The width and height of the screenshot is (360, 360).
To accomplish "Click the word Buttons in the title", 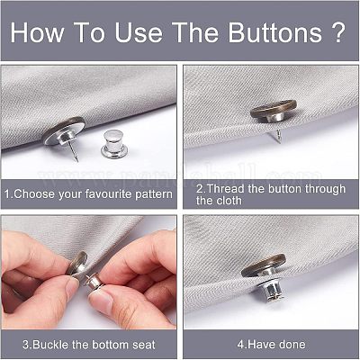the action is click(274, 32).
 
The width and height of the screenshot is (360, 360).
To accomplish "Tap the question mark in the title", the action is click(339, 32).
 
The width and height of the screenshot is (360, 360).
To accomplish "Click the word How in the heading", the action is click(37, 32).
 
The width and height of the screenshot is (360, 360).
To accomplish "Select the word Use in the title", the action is click(139, 32).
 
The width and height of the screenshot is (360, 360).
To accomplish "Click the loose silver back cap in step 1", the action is click(113, 143).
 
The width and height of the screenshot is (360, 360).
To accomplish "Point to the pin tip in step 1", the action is click(77, 160).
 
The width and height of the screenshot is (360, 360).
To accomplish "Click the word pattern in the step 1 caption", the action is click(154, 194).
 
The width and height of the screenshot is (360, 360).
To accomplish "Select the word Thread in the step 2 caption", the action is click(225, 189).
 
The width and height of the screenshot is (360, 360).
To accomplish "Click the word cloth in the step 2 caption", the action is click(229, 201).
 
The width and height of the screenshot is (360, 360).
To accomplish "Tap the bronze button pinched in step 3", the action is click(76, 264).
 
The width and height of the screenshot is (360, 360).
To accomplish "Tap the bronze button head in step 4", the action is click(264, 265).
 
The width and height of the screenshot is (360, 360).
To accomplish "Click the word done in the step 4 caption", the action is click(292, 344).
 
